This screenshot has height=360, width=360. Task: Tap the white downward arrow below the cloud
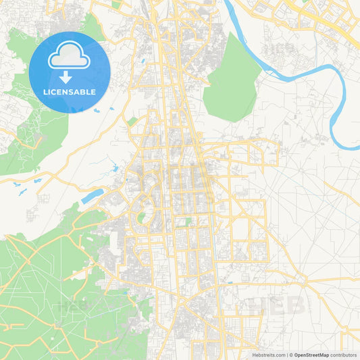[x=70, y=77]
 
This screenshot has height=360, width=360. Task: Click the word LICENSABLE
[x=70, y=92]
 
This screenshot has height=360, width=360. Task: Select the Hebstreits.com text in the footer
[x=268, y=355]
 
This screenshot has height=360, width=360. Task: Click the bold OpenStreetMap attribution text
[x=311, y=355]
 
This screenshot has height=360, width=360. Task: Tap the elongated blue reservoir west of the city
[x=93, y=196]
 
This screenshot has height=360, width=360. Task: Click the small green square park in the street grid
[x=188, y=221]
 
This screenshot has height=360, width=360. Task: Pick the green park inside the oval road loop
[x=141, y=217]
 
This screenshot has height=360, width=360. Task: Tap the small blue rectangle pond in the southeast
[x=230, y=282]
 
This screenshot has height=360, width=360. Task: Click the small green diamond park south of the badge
[x=132, y=122]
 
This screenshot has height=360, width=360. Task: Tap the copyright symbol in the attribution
[x=290, y=355]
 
